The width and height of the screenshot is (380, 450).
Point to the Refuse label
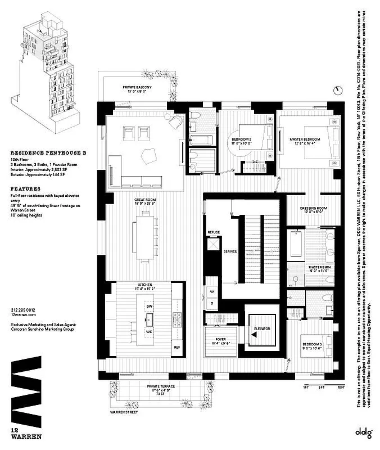(x=214, y=232)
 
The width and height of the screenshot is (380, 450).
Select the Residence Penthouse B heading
(x=37, y=152)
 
